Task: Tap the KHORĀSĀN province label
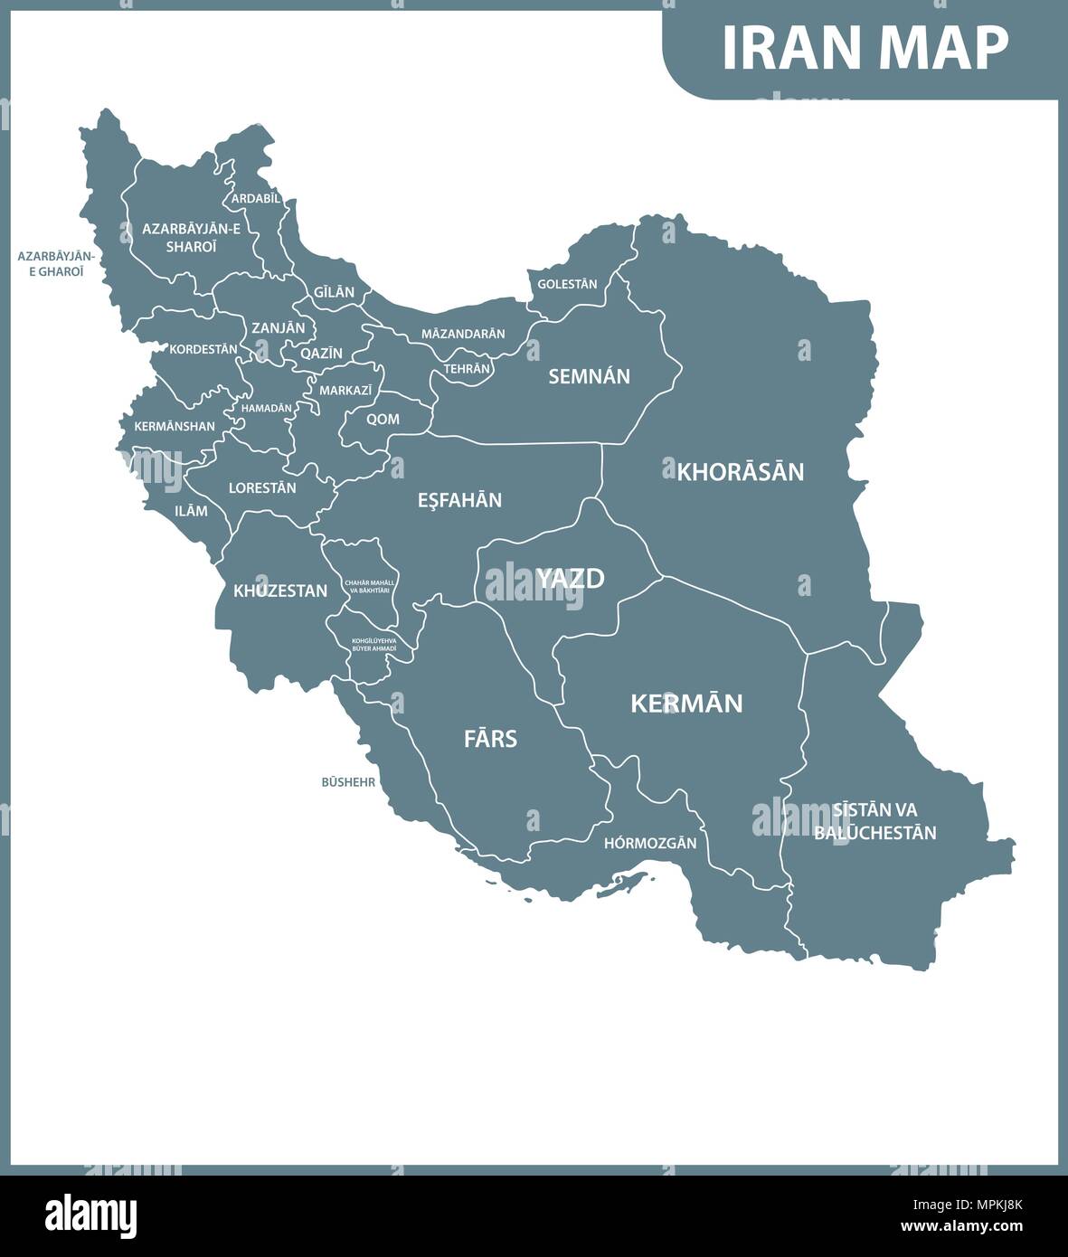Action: [x=741, y=471]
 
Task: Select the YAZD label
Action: [x=570, y=578]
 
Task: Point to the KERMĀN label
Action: [x=686, y=703]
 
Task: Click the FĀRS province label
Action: [x=490, y=739]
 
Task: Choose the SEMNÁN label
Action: [x=589, y=376]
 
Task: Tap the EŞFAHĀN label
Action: [x=459, y=500]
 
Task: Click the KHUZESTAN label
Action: [x=280, y=591]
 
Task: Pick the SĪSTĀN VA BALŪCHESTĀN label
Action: [x=874, y=821]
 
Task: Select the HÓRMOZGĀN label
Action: [x=650, y=843]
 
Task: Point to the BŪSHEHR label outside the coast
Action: [x=348, y=782]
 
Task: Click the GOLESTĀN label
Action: [x=567, y=284]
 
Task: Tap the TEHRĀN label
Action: [x=467, y=369]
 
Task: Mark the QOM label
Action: [x=383, y=420]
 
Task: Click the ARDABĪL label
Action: [x=256, y=198]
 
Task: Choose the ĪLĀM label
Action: [x=191, y=511]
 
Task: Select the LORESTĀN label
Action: [x=262, y=487]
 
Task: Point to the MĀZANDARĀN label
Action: [x=463, y=334]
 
